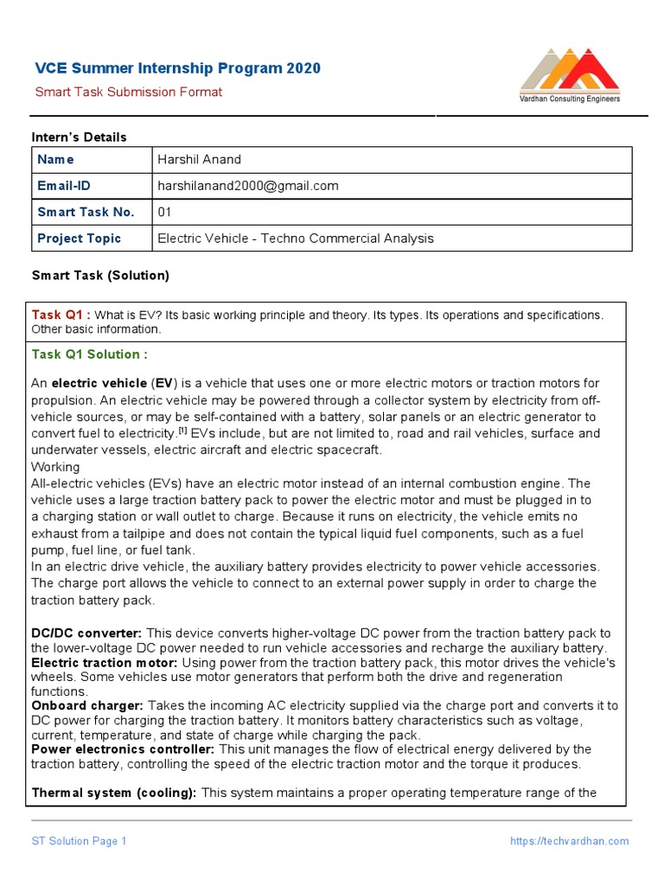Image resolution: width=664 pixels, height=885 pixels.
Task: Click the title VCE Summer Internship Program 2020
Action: tap(177, 68)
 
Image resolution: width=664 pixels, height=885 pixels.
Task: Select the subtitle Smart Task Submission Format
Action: tap(128, 92)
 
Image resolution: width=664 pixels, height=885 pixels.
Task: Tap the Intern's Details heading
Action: tap(79, 137)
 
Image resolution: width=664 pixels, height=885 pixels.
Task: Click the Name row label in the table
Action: tap(55, 160)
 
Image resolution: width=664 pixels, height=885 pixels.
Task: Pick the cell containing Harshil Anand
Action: tap(200, 160)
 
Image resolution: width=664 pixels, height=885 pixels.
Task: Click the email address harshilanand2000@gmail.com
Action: tap(248, 186)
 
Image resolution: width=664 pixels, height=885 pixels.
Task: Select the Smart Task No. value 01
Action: tap(165, 212)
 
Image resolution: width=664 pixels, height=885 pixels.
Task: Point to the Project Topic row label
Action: tap(79, 239)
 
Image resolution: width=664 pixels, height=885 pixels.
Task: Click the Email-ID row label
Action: tap(63, 186)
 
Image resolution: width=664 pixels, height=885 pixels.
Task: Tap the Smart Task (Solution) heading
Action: tap(100, 276)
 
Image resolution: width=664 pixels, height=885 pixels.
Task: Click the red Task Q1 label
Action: tap(61, 315)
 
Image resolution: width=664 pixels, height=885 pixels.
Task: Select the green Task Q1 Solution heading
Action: tap(89, 354)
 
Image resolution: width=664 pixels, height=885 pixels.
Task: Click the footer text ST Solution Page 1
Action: tap(80, 841)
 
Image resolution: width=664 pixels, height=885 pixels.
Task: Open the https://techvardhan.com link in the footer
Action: tap(569, 841)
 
